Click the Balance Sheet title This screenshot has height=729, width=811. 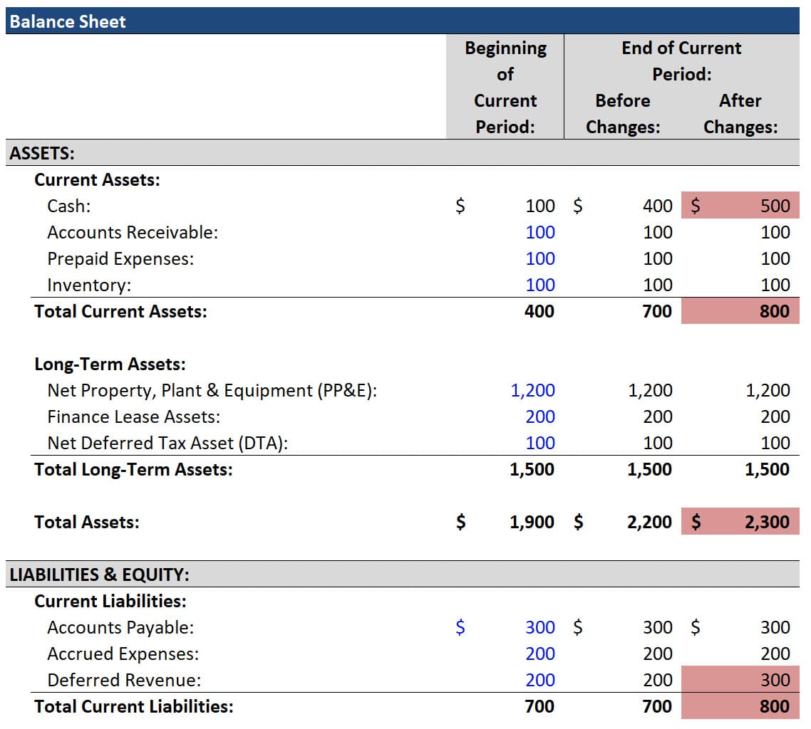coord(68,21)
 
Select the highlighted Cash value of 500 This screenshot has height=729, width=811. coord(775,206)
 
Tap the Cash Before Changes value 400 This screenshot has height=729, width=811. coord(657,206)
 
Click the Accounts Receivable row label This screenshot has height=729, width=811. coord(133,232)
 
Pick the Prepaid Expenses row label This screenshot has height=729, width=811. coord(120,258)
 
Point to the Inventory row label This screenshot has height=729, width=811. coord(89,285)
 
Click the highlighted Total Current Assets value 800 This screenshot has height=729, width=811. coord(774,311)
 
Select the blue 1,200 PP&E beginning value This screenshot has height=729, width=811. coord(532,390)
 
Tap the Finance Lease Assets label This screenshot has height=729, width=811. coord(133,416)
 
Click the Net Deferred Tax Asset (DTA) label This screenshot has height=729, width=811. coord(167,443)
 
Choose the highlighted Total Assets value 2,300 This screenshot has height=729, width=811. coord(767,522)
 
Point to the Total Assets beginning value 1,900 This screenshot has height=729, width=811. coord(532,522)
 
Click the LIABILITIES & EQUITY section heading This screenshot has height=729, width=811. coord(99,575)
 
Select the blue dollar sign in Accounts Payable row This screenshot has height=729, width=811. coord(460,627)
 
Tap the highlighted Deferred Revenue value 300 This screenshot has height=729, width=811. coord(775,680)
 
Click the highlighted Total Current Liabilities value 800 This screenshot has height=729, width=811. coord(774,706)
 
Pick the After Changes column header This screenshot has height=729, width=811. coord(740,114)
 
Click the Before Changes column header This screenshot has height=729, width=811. coord(623,114)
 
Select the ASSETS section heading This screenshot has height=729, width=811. coord(42,153)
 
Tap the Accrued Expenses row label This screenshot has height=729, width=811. coord(123,654)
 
